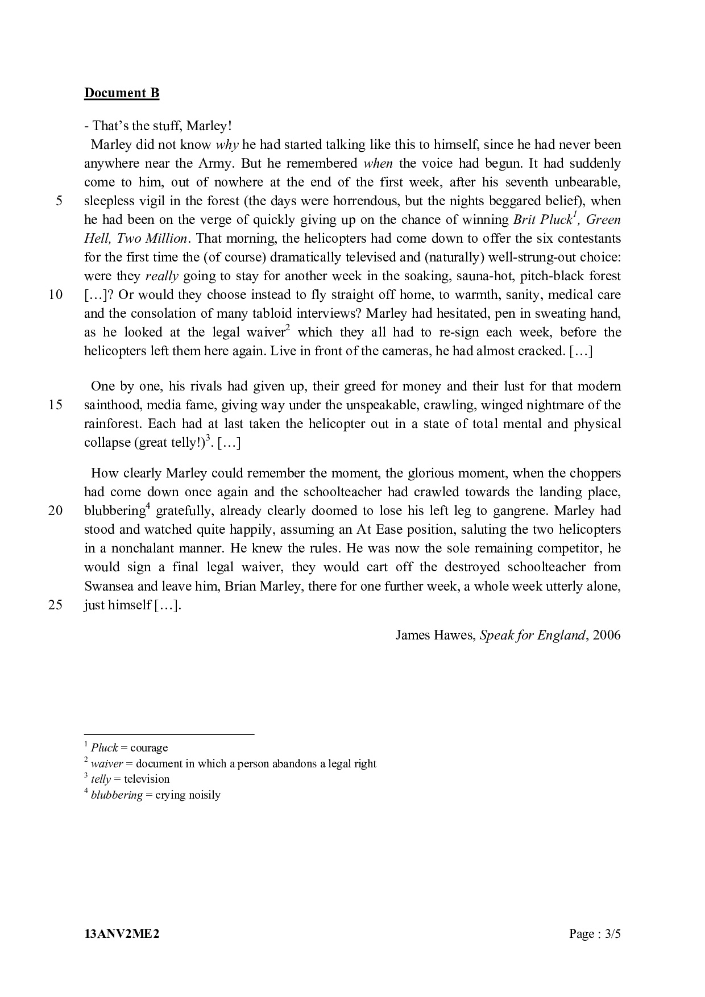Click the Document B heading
[x=122, y=93]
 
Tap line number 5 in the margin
[x=59, y=201]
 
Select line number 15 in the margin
[x=55, y=405]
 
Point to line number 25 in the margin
[x=55, y=605]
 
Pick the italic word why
[x=227, y=145]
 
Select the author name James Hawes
[x=434, y=635]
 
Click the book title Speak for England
[x=532, y=635]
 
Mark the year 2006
[x=606, y=635]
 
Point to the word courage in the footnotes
[x=149, y=748]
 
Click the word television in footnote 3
[x=147, y=779]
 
